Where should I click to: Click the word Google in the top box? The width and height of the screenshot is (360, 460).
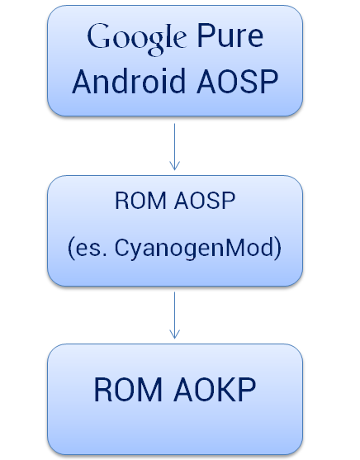(x=137, y=39)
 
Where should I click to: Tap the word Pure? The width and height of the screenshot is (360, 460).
(x=230, y=36)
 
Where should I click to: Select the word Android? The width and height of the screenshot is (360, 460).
(x=129, y=81)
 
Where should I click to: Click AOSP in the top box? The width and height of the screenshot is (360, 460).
(x=237, y=81)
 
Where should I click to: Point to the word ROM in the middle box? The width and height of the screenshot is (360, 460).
(x=141, y=201)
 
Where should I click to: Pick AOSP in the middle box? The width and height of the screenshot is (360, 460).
(x=205, y=201)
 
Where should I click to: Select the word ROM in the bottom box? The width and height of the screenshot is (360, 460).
(x=128, y=389)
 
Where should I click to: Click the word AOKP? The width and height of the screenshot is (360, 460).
(x=215, y=389)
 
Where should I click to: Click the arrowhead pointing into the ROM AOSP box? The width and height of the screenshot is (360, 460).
(x=174, y=165)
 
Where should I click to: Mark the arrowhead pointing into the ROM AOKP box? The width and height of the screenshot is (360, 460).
(x=174, y=334)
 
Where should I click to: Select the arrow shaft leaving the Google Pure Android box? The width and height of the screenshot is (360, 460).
(x=174, y=147)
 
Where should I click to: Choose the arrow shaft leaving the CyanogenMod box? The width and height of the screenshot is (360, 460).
(x=174, y=315)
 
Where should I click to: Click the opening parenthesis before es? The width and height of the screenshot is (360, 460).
(x=71, y=249)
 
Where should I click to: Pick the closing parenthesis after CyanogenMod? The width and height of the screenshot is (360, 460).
(x=278, y=249)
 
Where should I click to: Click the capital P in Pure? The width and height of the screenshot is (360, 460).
(x=205, y=36)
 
